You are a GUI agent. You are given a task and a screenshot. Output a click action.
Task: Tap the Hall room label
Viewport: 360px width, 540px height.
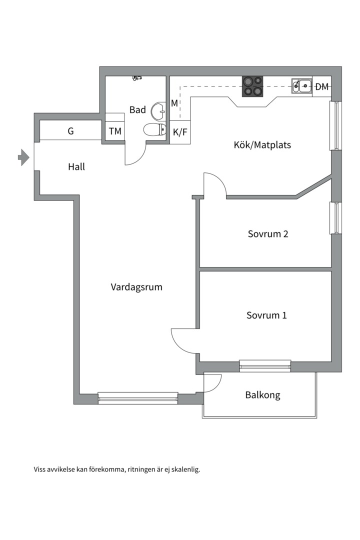pos(76,166)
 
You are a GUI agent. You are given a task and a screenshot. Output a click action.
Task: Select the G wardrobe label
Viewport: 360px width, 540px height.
pos(70,131)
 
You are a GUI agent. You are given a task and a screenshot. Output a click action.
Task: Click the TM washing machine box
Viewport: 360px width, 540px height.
pos(115,132)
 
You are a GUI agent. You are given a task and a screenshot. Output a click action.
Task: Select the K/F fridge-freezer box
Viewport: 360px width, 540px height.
pos(180,132)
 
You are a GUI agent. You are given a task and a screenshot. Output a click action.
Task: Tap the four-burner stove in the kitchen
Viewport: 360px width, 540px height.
pos(252,86)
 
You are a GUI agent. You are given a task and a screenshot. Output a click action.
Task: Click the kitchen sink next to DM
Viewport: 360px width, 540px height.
pos(302,86)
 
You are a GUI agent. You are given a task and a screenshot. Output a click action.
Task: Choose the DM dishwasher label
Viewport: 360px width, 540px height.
pos(322,87)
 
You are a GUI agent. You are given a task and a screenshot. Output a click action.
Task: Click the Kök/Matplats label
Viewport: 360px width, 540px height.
pos(262,145)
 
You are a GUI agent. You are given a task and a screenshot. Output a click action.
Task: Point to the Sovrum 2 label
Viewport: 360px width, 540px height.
pos(267,233)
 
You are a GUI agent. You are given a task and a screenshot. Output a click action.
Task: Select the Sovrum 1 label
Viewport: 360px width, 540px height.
pos(266,315)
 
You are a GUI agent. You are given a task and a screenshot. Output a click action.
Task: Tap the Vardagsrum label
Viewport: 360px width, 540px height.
pos(136,287)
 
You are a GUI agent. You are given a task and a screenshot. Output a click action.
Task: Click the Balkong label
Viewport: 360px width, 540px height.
pos(262,395)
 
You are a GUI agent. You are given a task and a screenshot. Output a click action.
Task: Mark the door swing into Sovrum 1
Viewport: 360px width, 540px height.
pos(184,340)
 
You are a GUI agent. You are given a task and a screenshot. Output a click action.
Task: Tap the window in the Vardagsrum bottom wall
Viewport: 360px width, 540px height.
pos(137,398)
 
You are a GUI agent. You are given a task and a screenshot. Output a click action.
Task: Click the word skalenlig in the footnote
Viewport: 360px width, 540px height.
pos(184,469)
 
